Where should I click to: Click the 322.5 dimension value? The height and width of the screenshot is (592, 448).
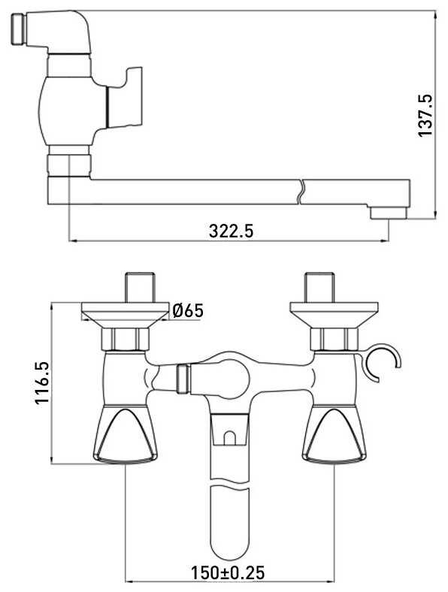(x=231, y=231)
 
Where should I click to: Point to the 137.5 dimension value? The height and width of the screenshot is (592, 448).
(x=425, y=116)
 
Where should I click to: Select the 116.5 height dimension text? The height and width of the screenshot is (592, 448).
(x=42, y=383)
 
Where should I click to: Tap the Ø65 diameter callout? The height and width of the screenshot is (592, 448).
(x=188, y=311)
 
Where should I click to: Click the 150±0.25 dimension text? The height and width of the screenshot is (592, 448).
(x=228, y=572)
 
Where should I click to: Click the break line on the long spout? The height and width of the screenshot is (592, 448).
(x=301, y=192)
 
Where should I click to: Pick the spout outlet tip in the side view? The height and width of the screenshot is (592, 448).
(x=389, y=213)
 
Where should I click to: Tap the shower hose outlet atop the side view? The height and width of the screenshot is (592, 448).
(x=17, y=29)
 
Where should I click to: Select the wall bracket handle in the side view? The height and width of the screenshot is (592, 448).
(x=125, y=97)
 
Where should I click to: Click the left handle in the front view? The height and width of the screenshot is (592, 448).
(x=125, y=433)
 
